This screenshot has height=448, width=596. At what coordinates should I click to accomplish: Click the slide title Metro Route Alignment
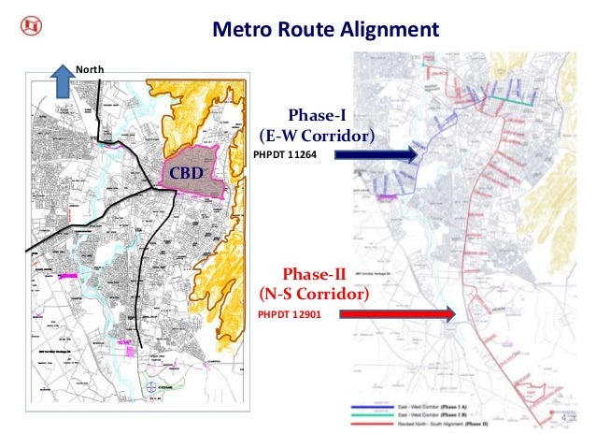326,29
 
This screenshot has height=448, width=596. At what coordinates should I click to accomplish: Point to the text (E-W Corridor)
318,137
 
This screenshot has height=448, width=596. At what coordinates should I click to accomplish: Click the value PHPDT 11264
280,155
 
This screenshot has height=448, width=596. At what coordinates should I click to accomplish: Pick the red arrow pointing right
397,315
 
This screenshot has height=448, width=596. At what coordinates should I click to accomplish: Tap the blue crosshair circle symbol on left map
152,385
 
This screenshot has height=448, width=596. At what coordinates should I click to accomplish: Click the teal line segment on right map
505,96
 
